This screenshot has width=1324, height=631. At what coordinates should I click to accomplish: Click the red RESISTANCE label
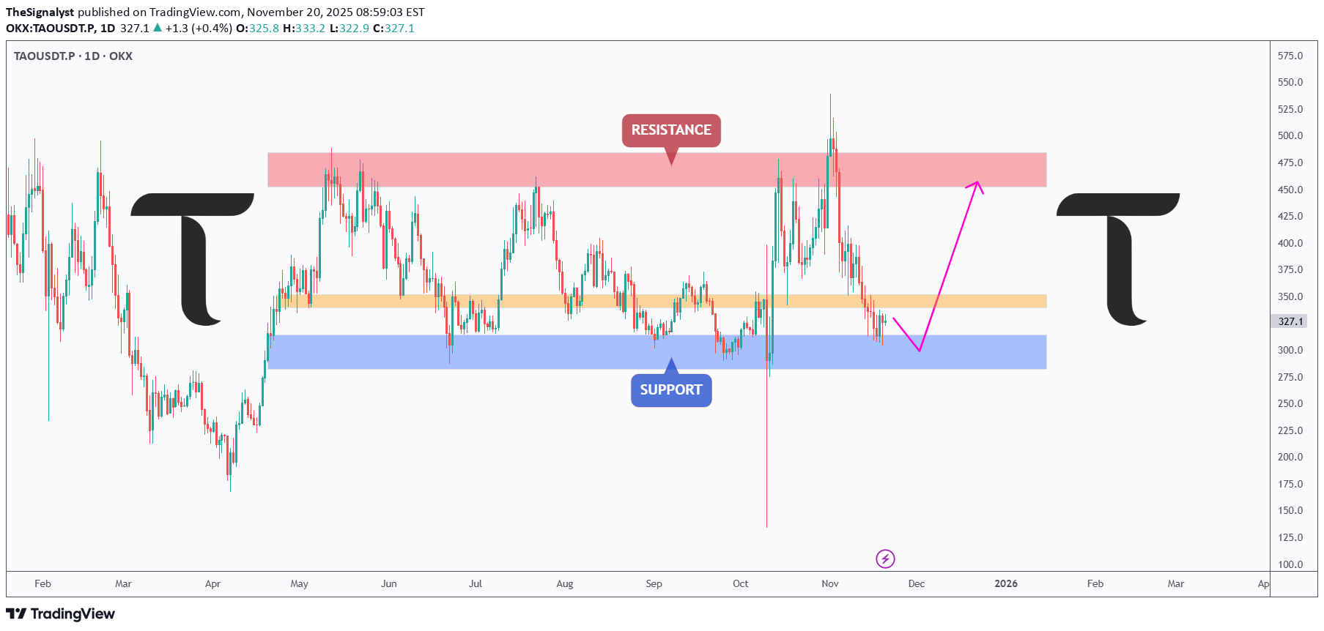(x=671, y=130)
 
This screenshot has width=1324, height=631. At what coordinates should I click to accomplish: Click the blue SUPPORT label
(x=671, y=389)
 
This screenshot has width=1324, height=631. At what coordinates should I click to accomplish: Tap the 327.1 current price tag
(x=1290, y=321)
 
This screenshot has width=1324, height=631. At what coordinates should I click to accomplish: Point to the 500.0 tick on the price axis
(x=1290, y=135)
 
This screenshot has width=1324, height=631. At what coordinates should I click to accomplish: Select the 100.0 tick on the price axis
(x=1290, y=564)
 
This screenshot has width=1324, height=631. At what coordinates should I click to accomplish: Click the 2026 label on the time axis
(x=1006, y=583)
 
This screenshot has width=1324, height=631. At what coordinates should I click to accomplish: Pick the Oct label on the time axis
(x=741, y=583)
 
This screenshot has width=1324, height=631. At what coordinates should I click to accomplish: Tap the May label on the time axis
(x=299, y=583)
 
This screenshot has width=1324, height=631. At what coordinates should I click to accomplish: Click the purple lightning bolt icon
(x=885, y=559)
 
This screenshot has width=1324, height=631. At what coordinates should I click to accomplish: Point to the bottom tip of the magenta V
(x=920, y=351)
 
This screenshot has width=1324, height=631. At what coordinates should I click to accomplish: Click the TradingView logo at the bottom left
(x=61, y=613)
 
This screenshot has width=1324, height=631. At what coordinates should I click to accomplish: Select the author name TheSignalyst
(x=40, y=12)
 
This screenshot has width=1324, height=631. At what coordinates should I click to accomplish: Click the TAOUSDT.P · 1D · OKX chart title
(x=73, y=56)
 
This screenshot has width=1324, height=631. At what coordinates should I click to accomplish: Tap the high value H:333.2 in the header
(x=304, y=29)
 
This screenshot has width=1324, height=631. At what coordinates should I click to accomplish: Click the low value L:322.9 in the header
(x=350, y=29)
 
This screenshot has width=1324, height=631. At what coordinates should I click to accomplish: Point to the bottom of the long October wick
(x=767, y=526)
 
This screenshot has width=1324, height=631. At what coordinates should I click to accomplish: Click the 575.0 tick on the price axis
(x=1290, y=56)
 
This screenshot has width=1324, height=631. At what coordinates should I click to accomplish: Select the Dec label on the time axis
(x=917, y=583)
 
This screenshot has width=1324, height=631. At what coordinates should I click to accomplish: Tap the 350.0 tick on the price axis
(x=1290, y=296)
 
